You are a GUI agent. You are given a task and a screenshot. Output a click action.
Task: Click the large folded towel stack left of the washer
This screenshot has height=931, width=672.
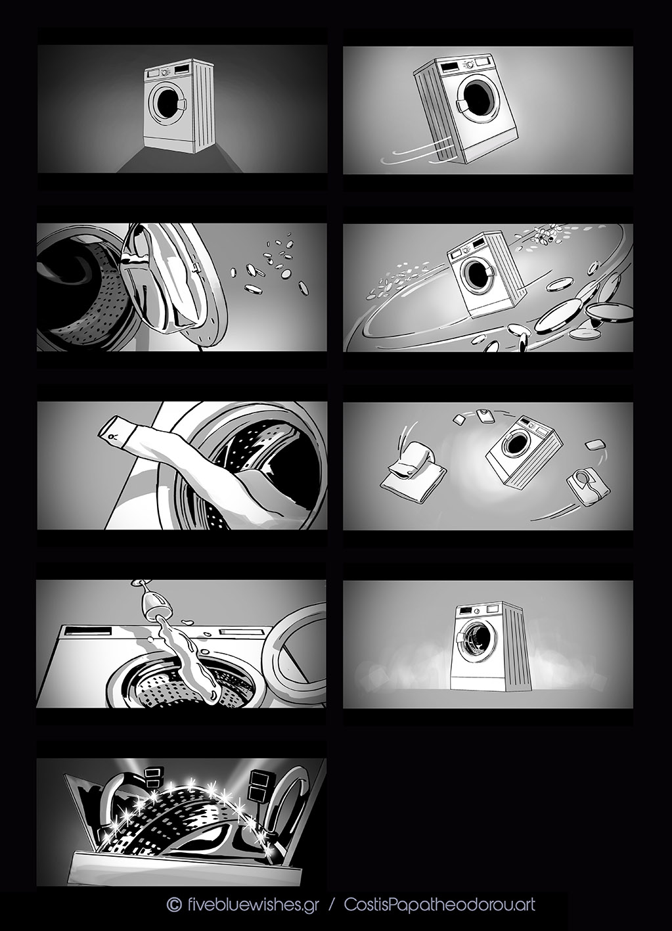point(413,468)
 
